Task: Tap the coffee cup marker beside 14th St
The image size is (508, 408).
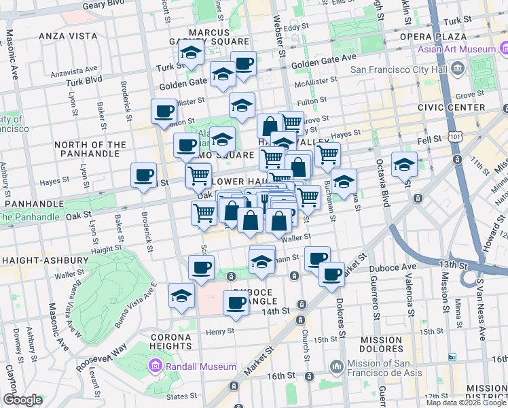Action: click(236, 302)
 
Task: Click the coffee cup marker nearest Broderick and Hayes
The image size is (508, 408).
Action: click(143, 175)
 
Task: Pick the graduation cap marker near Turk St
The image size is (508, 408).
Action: click(192, 53)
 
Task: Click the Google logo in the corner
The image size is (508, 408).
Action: click(22, 400)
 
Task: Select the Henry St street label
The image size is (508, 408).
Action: click(221, 331)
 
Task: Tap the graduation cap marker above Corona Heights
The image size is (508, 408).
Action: click(182, 296)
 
